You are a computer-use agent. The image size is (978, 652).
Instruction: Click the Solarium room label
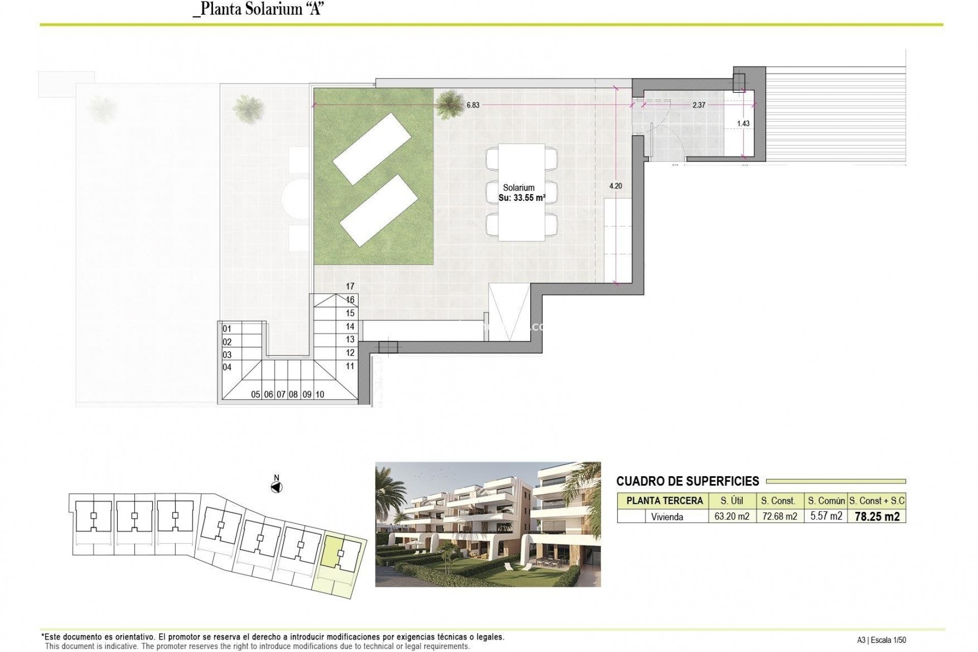coord(519,188)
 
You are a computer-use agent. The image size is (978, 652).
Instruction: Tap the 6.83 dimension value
coord(473,105)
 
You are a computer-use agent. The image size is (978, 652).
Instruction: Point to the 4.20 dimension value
coord(615,186)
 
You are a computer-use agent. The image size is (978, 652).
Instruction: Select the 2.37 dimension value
coord(699,105)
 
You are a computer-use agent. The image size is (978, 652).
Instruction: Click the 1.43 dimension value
coord(743,124)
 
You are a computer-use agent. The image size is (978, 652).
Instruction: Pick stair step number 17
coord(350,287)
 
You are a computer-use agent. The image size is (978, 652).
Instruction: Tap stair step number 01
coord(227,329)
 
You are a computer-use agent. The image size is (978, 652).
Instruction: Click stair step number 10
coord(320,394)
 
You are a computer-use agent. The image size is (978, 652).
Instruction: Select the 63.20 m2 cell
coord(731,517)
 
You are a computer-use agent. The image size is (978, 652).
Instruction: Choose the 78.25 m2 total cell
coord(877,517)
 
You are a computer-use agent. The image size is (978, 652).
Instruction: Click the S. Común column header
coord(826,501)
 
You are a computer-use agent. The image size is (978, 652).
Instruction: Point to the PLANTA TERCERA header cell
coord(664,501)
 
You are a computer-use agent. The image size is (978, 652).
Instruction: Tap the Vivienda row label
coord(667,517)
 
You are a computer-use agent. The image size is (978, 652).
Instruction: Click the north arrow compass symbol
coord(277,487)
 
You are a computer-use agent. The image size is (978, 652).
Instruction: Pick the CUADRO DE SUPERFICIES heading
coord(687,481)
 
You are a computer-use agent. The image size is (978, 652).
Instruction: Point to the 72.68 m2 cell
coord(779,517)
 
